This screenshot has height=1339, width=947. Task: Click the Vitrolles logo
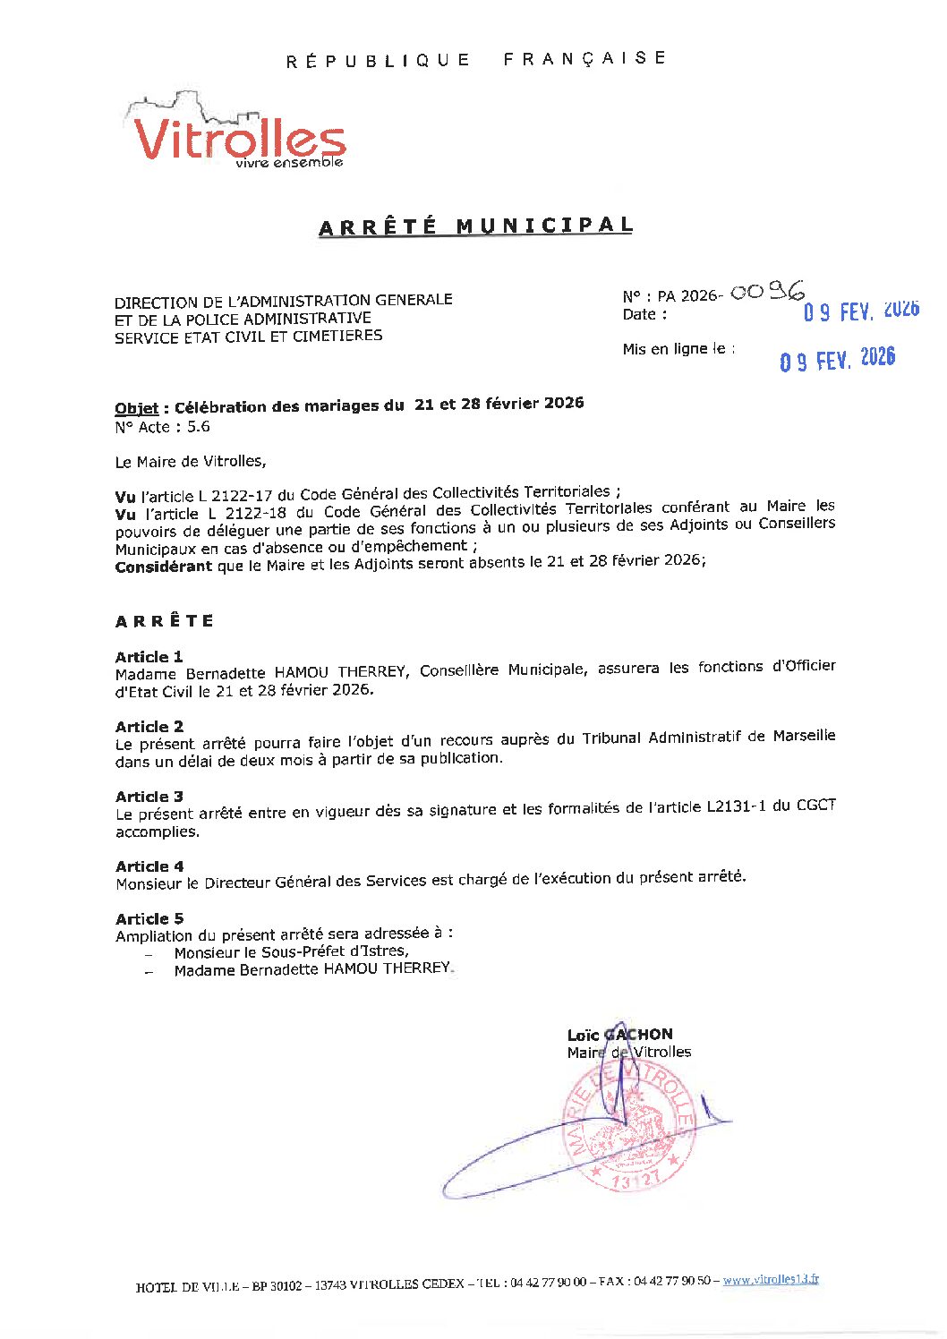click(x=238, y=132)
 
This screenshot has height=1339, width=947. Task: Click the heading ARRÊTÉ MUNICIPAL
click(x=475, y=226)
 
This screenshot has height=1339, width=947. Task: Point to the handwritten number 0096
click(x=767, y=292)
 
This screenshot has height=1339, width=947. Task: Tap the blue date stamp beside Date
click(x=860, y=311)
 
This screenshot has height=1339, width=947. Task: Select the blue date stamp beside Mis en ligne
click(x=837, y=360)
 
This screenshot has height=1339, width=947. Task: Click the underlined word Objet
click(x=136, y=408)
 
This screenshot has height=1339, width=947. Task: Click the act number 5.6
click(x=199, y=427)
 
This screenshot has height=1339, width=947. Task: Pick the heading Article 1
click(x=149, y=656)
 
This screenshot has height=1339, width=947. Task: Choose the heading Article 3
click(x=149, y=796)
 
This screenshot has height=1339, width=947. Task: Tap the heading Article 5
click(x=149, y=918)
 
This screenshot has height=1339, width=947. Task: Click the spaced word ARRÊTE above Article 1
click(x=165, y=620)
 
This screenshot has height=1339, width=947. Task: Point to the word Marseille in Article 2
click(x=803, y=736)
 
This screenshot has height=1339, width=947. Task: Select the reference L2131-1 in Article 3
click(x=737, y=806)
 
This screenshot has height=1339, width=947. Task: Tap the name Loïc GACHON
click(x=619, y=1034)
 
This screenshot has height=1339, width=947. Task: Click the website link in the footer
click(x=770, y=1280)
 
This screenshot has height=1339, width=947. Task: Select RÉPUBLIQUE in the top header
click(x=378, y=61)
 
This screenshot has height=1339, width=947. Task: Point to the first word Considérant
click(x=164, y=566)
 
